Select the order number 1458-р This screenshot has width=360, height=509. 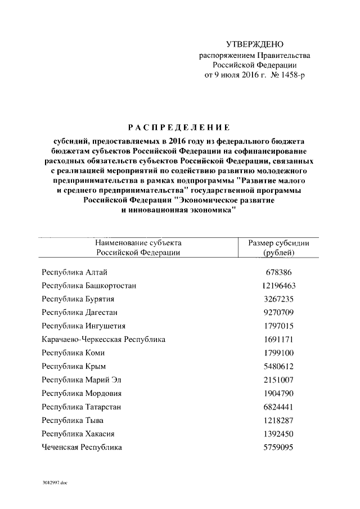[291, 75]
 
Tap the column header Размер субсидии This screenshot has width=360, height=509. [279, 243]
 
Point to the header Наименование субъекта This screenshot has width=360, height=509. [138, 243]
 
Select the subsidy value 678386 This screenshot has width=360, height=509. [279, 272]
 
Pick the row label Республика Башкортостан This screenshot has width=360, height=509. [89, 286]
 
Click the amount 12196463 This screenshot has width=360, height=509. [279, 286]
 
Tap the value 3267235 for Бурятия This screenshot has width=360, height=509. [279, 299]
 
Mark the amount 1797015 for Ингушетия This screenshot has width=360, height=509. [279, 326]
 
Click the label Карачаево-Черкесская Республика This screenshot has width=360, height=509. [103, 340]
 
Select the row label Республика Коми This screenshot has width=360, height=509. [73, 353]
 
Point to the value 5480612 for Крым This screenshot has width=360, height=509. [279, 367]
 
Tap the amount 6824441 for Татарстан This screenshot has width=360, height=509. [279, 407]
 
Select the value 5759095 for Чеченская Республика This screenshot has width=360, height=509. [279, 447]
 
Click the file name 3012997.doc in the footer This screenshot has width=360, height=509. [54, 483]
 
